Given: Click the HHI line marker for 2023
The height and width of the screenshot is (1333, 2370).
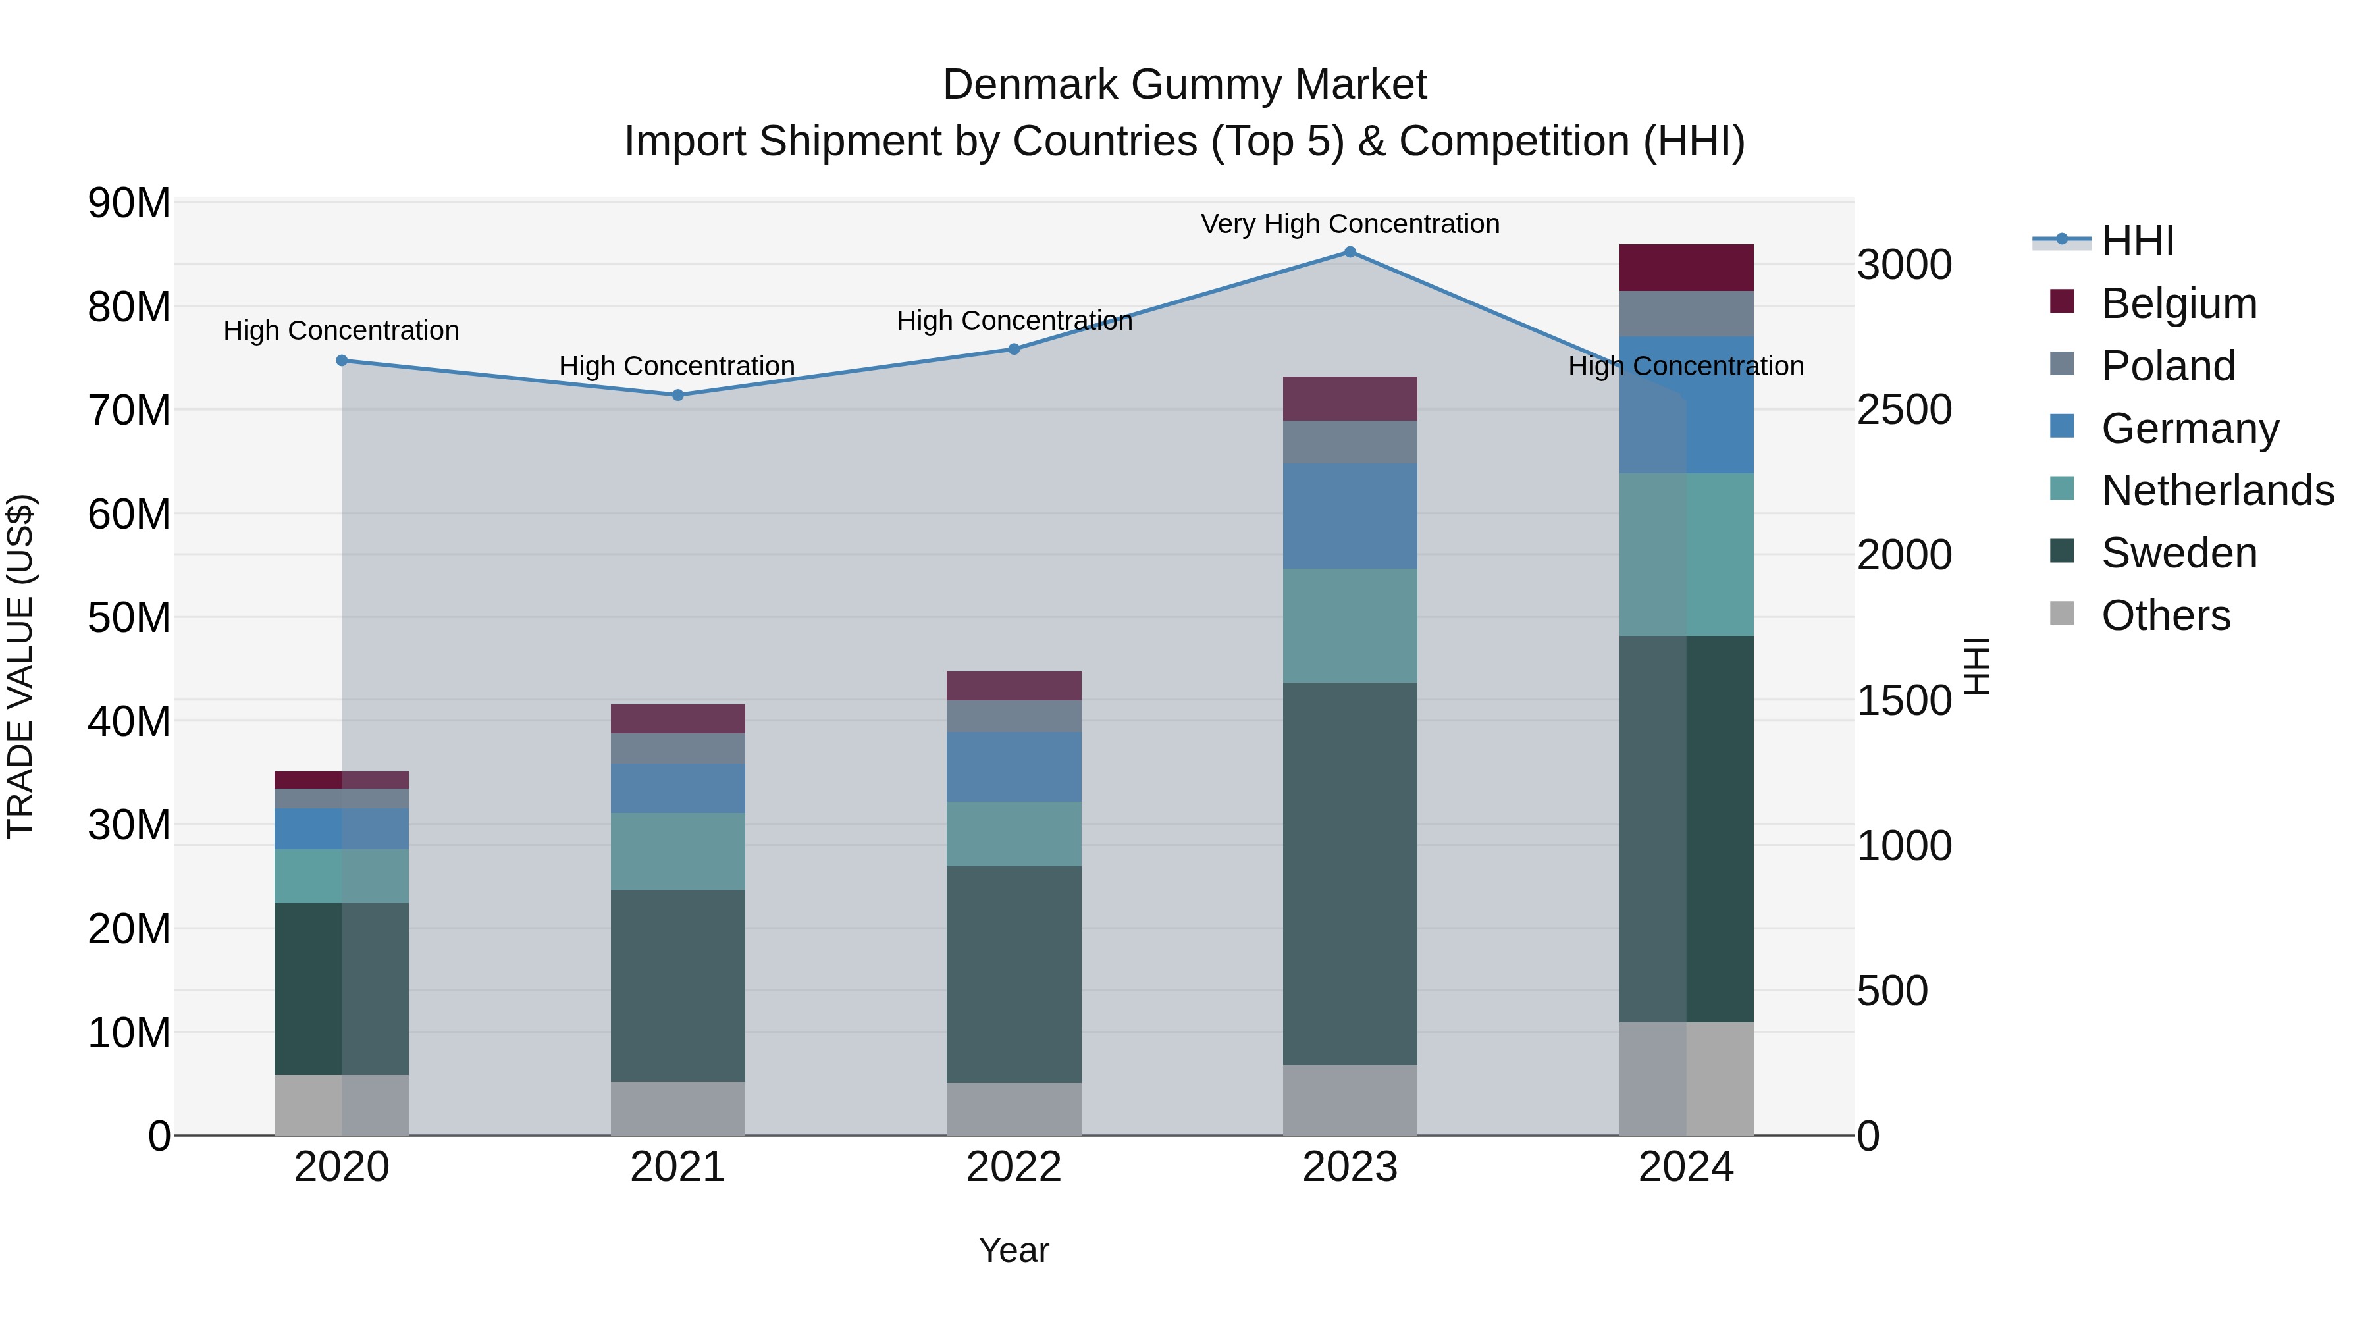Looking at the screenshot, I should click(1350, 252).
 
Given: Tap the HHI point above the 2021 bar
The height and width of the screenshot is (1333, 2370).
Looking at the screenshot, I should click(678, 396).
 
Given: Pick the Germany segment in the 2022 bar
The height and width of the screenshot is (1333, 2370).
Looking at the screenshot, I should click(1014, 768).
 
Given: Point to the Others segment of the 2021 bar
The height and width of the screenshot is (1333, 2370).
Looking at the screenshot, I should click(678, 1108).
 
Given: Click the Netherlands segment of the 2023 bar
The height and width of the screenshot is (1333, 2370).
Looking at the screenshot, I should click(1350, 625).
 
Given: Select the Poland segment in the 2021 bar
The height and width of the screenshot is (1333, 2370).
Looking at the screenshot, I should click(678, 748).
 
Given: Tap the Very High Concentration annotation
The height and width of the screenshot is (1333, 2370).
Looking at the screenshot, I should click(1350, 224).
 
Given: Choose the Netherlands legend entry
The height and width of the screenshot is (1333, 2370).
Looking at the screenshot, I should click(2217, 490).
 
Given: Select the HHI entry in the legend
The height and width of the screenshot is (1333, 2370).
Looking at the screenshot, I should click(2136, 241).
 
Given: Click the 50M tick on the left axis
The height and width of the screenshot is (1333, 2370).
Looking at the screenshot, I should click(129, 617).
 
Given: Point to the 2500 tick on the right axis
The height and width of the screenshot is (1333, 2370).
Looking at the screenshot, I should click(1903, 409).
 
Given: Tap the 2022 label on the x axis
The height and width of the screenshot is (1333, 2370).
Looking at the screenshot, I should click(1014, 1167).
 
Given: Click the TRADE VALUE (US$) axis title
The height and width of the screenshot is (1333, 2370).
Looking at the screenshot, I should click(20, 666).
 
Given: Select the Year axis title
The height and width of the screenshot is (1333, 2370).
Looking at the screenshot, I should click(1014, 1250).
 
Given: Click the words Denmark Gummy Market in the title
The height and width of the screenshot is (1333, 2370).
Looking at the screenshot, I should click(1184, 85).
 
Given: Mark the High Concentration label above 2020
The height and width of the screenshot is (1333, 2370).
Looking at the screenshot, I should click(341, 330).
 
